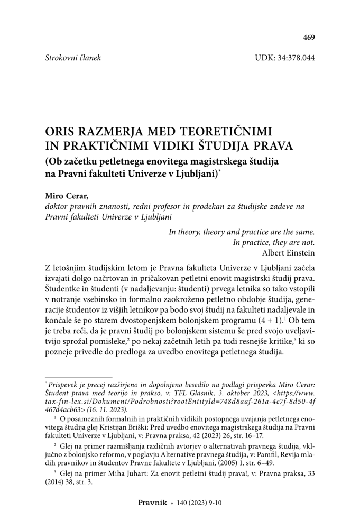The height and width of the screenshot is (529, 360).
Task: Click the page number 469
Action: click(x=309, y=37)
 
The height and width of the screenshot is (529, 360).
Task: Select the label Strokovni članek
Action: click(x=73, y=57)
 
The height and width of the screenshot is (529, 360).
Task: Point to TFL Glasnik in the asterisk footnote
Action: click(x=171, y=393)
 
